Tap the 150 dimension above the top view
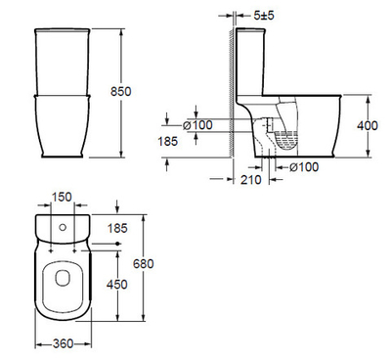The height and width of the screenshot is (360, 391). [x=61, y=197]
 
